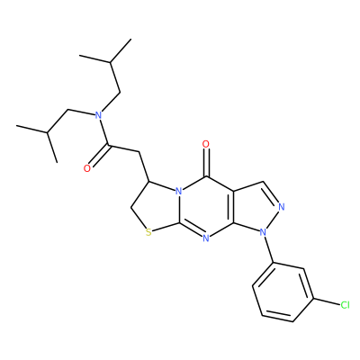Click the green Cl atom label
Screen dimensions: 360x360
coord(345,305)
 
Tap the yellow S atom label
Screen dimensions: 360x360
coord(148,232)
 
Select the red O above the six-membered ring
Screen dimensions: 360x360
coord(206,144)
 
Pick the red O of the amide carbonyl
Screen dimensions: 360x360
coord(87,168)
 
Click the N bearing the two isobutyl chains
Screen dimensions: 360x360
coord(97,114)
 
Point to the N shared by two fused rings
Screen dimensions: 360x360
coord(178,191)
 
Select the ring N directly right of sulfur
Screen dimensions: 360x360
coord(206,238)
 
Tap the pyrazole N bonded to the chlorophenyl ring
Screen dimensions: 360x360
coord(263,232)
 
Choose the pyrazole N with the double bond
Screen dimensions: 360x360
coord(281,207)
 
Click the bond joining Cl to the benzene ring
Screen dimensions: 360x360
coord(327,302)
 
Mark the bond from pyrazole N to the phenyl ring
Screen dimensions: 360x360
coord(269,249)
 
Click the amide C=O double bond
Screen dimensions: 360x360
coord(99,157)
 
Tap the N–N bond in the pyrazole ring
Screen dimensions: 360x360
coord(273,219)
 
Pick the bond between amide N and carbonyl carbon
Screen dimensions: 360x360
coord(103,131)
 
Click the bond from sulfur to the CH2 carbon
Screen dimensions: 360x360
coord(138,218)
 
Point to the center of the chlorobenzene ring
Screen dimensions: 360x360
coord(283,292)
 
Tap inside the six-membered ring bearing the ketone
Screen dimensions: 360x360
coord(206,208)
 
